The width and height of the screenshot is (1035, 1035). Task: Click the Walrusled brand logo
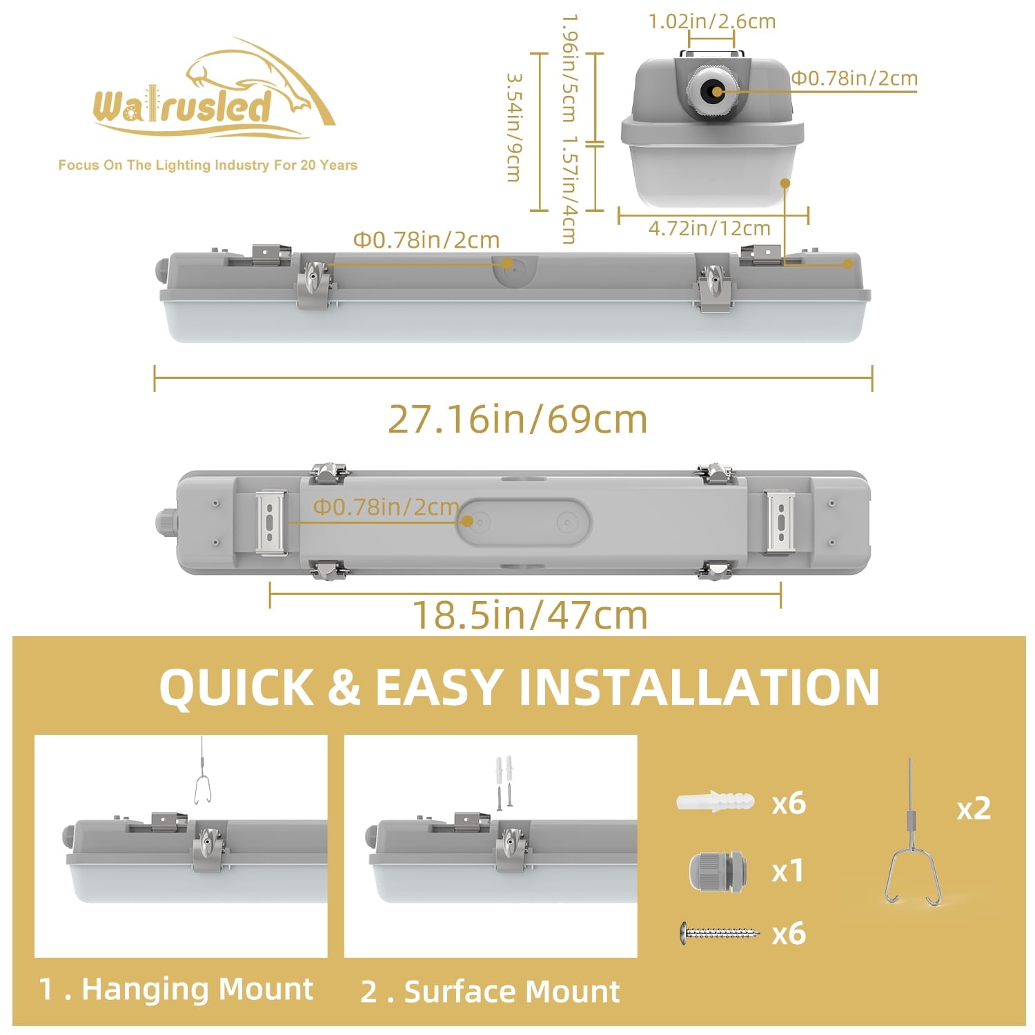214,90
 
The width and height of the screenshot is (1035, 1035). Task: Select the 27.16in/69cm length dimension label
517,419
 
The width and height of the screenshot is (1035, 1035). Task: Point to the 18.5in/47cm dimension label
530,614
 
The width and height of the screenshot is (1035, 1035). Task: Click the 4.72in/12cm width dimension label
709,228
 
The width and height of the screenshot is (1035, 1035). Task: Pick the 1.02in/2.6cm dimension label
712,21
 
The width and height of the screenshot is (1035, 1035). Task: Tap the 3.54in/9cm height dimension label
513,128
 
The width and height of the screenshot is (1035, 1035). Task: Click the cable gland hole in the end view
711,91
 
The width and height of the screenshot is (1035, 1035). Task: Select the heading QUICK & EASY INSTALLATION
519,687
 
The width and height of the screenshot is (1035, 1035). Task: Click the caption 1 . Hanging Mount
176,989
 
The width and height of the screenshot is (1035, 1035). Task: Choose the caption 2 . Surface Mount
490,992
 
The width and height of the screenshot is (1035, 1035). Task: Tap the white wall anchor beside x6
716,802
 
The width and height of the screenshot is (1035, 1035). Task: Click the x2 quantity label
974,809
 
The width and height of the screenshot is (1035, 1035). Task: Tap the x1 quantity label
788,871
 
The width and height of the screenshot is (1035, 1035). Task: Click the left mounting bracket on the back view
271,522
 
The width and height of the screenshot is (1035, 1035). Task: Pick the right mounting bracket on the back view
780,522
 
